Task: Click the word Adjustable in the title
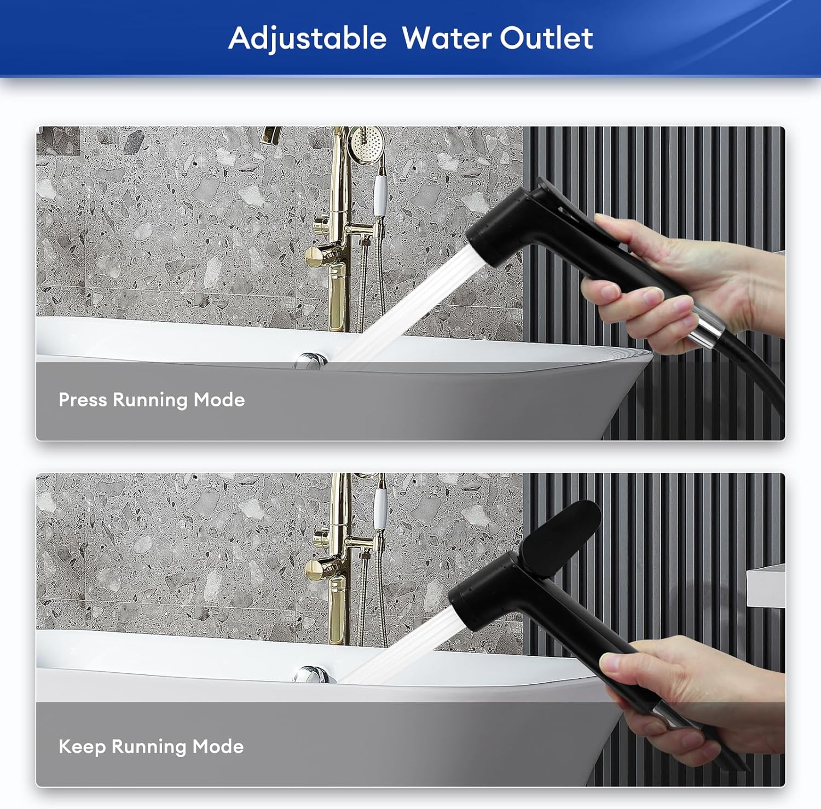[x=307, y=39]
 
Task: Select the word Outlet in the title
[x=546, y=38]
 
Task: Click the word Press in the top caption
[x=83, y=400]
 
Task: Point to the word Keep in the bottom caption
[x=82, y=747]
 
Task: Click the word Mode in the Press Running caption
[x=219, y=400]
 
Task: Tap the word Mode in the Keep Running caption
[x=218, y=747]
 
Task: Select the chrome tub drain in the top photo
[x=310, y=361]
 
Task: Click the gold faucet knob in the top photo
[x=318, y=255]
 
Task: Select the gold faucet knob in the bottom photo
[x=318, y=569]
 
